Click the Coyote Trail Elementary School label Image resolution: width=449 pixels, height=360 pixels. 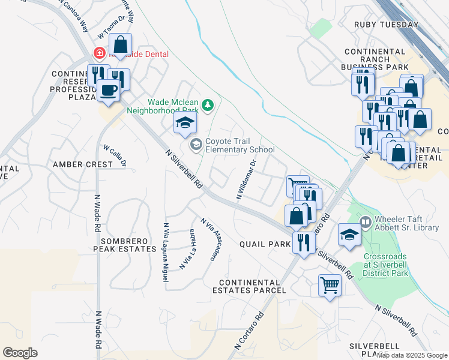[x=240, y=145]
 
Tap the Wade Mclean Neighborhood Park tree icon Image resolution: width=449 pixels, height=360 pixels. [x=208, y=105]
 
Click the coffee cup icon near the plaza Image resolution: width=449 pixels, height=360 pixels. [x=108, y=91]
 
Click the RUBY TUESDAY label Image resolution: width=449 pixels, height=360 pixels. [x=386, y=25]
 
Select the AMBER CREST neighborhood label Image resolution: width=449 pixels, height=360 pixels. [x=82, y=164]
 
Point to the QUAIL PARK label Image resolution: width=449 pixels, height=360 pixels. [x=265, y=244]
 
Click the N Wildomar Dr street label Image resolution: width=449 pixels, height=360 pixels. [x=246, y=179]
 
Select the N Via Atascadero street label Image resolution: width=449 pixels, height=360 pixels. [x=208, y=239]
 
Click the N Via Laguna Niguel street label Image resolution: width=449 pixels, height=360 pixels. [x=165, y=245]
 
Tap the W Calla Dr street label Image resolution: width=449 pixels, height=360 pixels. [x=115, y=155]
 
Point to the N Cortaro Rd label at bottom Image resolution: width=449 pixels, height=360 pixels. [x=249, y=331]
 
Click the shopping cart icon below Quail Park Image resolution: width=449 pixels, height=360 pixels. [x=330, y=285]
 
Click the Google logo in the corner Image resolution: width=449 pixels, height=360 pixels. [x=20, y=353]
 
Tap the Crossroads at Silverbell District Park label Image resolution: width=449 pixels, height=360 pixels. [x=385, y=265]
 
